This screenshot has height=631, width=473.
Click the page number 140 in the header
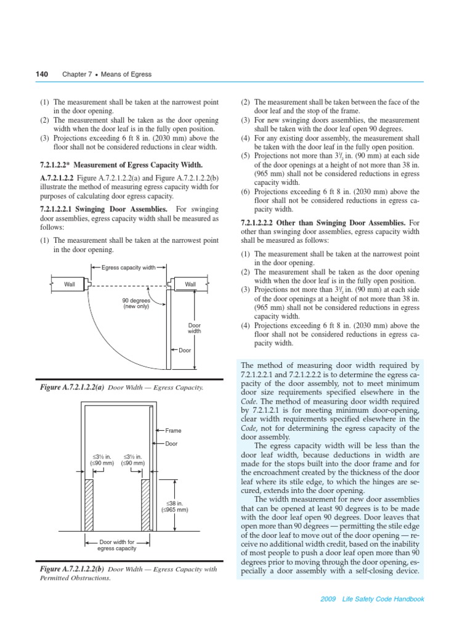tap(42, 74)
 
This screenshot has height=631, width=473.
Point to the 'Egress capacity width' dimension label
tap(128, 268)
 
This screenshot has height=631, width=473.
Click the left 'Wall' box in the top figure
tap(69, 284)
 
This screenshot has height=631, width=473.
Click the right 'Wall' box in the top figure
tap(190, 284)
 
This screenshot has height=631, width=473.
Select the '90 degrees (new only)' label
tap(135, 303)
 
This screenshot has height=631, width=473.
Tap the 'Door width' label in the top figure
tap(194, 328)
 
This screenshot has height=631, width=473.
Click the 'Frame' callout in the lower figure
tap(173, 431)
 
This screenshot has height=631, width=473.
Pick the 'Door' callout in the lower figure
tap(172, 444)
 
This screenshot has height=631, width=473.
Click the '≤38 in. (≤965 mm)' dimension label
tap(174, 507)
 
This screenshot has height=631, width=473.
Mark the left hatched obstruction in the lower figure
tap(88, 505)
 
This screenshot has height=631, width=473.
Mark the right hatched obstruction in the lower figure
tap(147, 505)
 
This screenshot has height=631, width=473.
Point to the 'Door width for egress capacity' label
tap(117, 545)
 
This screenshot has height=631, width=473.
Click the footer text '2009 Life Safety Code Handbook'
tap(377, 599)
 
